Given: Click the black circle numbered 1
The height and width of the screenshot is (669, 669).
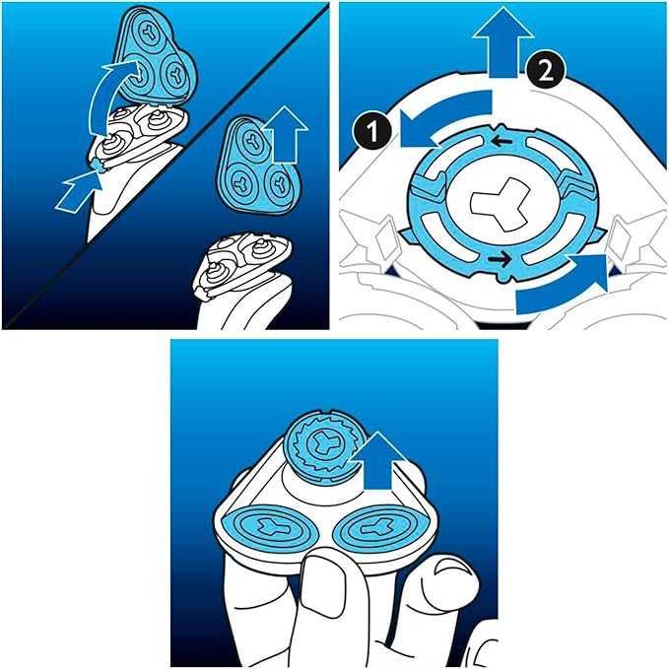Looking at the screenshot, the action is [372, 131].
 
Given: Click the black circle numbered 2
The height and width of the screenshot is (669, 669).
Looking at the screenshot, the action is [546, 71].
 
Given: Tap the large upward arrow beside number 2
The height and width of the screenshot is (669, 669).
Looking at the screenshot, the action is [503, 41].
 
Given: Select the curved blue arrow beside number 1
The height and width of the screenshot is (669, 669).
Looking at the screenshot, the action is [443, 117].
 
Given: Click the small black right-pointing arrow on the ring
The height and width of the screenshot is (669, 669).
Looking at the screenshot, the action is [501, 258].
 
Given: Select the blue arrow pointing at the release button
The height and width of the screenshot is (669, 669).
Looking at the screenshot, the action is [80, 191].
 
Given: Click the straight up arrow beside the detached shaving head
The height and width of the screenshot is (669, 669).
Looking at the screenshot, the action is [284, 135].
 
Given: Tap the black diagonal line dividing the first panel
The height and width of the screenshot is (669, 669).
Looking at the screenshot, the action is [165, 166].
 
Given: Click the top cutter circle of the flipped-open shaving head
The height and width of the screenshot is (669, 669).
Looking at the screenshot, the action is [150, 32].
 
